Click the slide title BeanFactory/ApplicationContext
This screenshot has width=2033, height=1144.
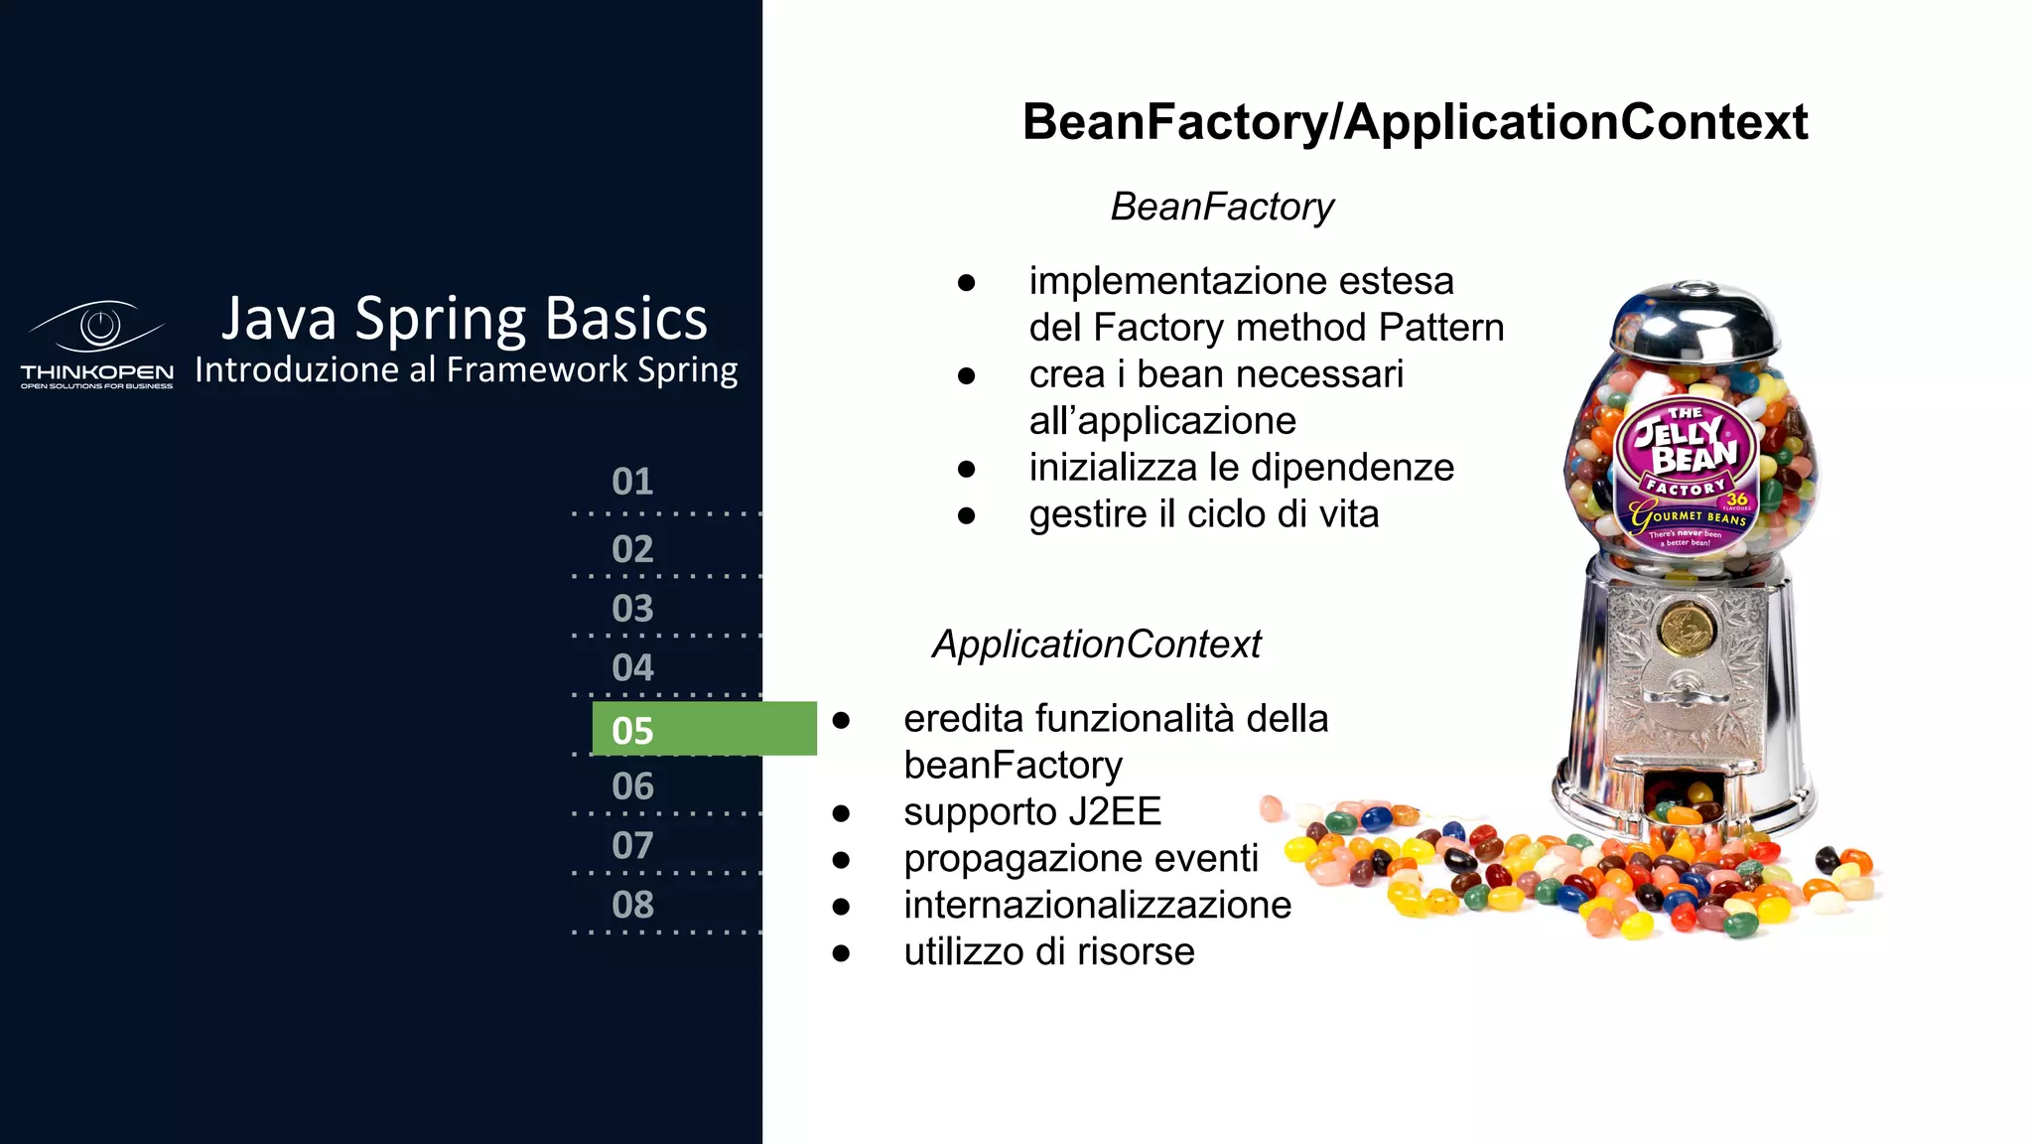click(x=1415, y=122)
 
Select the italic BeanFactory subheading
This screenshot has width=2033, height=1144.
click(x=1222, y=207)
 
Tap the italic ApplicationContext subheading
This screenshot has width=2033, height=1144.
click(x=1096, y=644)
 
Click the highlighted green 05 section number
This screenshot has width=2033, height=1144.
click(x=632, y=730)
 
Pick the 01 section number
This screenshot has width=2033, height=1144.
click(x=632, y=482)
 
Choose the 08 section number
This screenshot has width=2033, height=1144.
click(x=632, y=905)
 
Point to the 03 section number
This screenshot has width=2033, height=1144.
click(x=632, y=608)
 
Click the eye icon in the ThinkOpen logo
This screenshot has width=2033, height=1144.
click(x=98, y=326)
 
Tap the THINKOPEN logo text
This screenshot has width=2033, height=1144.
click(x=96, y=372)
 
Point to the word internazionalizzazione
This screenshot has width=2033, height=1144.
click(x=1097, y=905)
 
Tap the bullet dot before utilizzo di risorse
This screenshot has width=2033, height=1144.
click(x=842, y=953)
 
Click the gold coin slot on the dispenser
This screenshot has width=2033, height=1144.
click(x=1684, y=628)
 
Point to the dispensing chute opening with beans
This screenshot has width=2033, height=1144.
click(x=1684, y=795)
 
